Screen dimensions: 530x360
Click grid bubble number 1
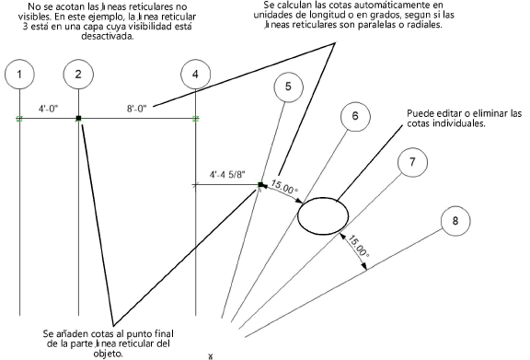coord(19,75)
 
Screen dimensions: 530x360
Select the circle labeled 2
coord(78,75)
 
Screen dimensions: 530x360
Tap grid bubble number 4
coord(196,75)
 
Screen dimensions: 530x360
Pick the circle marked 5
coord(288,87)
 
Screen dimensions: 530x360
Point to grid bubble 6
coord(355,116)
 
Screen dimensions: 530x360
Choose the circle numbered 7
coord(412,162)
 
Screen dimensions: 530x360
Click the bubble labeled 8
coord(455,221)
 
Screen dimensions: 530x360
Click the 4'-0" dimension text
coord(49,109)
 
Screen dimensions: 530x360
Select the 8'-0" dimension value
coord(137,109)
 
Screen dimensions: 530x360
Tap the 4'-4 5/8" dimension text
coord(227,175)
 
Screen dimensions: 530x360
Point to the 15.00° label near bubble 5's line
coord(284,188)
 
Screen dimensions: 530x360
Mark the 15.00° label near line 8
coord(358,246)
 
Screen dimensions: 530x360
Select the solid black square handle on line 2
coord(78,118)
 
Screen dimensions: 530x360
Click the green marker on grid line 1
coord(19,119)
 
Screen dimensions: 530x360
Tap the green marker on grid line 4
coord(196,119)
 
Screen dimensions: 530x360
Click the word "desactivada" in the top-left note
coord(108,36)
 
